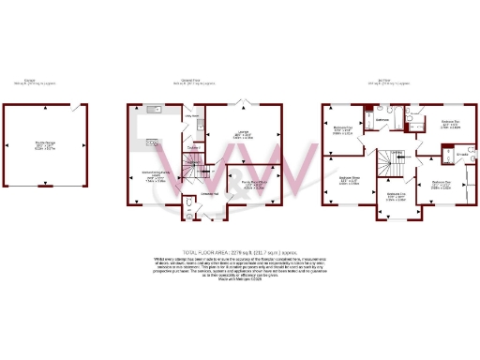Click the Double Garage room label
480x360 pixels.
[x=44, y=144]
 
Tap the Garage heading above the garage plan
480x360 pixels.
[x=44, y=81]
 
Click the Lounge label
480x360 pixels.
[x=241, y=135]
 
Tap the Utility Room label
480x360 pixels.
[x=192, y=117]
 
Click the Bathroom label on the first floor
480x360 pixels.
[x=382, y=121]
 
